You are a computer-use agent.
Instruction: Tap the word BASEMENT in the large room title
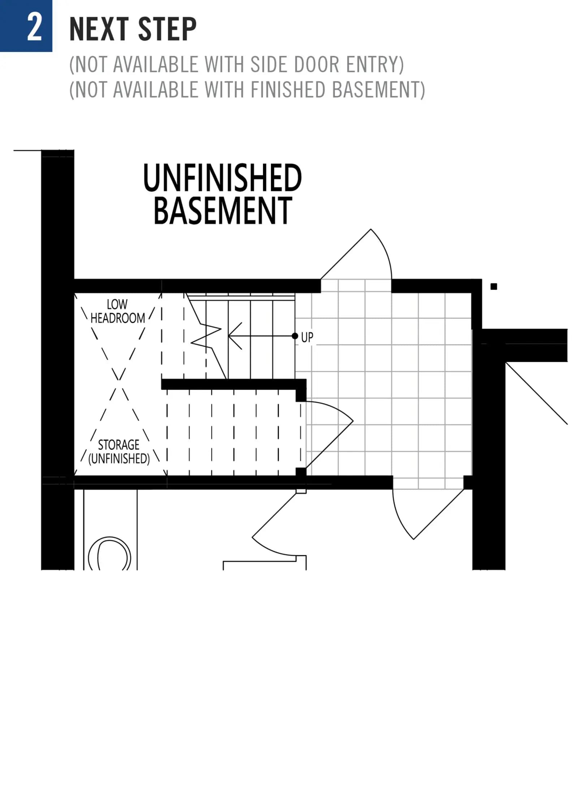pyautogui.click(x=223, y=211)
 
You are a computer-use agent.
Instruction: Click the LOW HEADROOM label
pyautogui.click(x=117, y=311)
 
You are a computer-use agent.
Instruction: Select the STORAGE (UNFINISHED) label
pyautogui.click(x=119, y=451)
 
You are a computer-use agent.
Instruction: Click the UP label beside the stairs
pyautogui.click(x=307, y=337)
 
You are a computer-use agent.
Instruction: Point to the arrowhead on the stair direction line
pyautogui.click(x=235, y=336)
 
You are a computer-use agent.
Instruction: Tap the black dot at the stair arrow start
pyautogui.click(x=295, y=336)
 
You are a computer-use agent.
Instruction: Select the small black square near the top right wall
pyautogui.click(x=494, y=286)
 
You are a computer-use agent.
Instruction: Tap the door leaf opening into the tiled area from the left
pyautogui.click(x=329, y=444)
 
